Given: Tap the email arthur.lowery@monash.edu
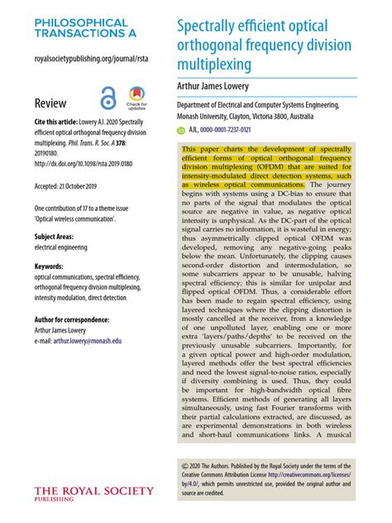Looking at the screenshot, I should coord(99,340).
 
